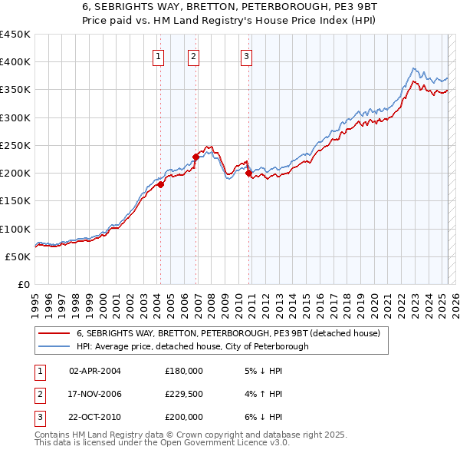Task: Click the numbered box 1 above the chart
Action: coord(158,55)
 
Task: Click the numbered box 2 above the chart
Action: coord(193,55)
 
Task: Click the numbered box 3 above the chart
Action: coord(246,55)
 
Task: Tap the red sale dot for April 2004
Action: coord(160,184)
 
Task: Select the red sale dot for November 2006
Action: coord(195,157)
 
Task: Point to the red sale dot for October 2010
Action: coord(248,174)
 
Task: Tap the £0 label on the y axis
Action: coord(24,284)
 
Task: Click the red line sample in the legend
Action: coord(54,334)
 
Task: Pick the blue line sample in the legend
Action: coord(54,346)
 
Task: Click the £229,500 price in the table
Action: coord(183,394)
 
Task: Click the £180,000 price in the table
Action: coord(183,371)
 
